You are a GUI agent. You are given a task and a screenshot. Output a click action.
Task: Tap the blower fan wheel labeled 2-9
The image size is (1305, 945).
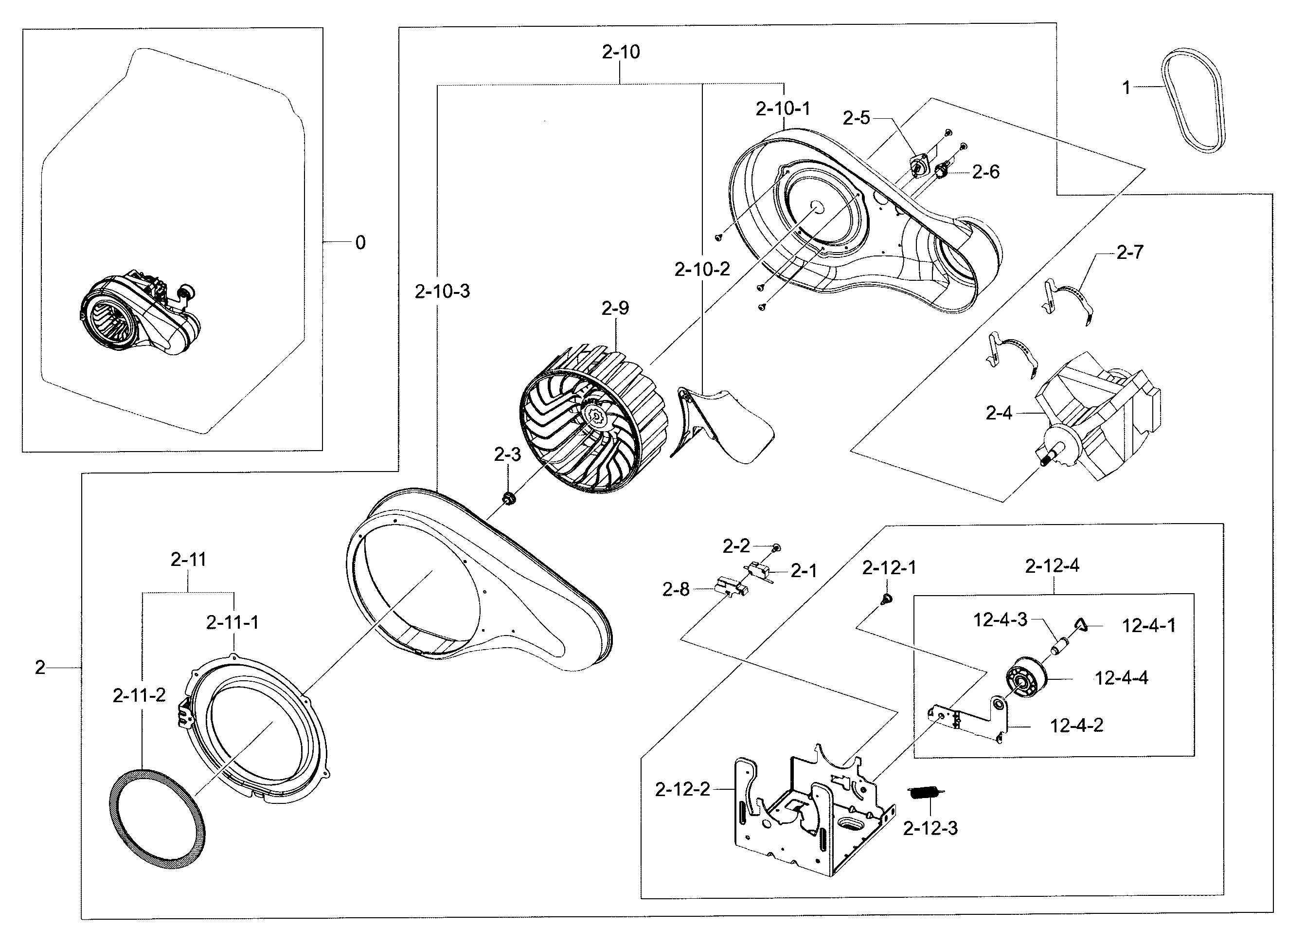592,420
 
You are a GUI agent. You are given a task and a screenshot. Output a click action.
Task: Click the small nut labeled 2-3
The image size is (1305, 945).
509,498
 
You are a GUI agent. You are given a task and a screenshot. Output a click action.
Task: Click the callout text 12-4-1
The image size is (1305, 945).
1148,626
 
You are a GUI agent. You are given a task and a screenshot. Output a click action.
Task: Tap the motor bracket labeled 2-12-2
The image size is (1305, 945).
811,817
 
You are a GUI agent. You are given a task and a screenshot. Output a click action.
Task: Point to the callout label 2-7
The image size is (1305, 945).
1129,252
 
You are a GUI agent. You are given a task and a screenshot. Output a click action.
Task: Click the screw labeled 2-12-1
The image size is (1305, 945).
887,600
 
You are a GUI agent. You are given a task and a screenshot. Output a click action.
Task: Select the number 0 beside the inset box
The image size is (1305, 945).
360,243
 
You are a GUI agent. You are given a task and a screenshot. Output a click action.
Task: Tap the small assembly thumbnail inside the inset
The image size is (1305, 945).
138,315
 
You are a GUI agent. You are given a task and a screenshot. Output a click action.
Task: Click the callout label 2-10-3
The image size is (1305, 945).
442,291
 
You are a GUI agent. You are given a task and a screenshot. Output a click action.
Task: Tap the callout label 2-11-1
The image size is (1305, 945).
232,622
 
